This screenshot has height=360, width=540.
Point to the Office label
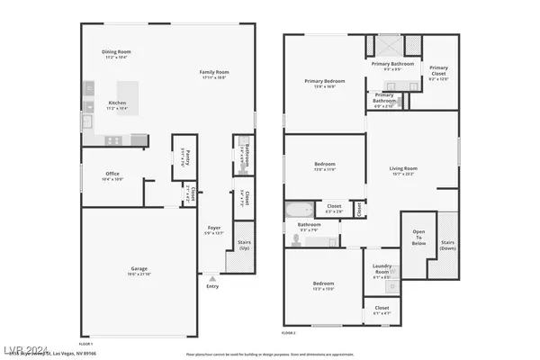point(112,175)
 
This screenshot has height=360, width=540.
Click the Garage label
point(138,268)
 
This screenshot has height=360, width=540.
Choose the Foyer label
point(214,228)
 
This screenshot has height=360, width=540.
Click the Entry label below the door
point(211,286)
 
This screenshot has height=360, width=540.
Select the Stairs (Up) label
point(243,244)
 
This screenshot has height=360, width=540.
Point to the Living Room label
point(409,168)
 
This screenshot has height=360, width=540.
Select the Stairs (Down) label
point(447,243)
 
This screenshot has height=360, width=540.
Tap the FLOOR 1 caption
point(85,343)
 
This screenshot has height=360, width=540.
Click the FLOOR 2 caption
point(289,333)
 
